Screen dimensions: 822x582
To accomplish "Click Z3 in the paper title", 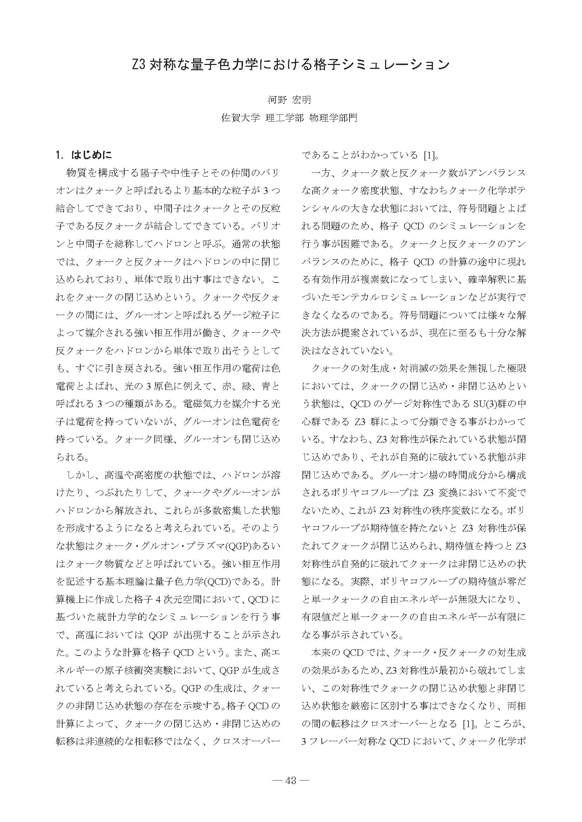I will point(139,65).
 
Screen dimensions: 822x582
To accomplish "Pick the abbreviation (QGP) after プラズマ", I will point(238,546).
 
